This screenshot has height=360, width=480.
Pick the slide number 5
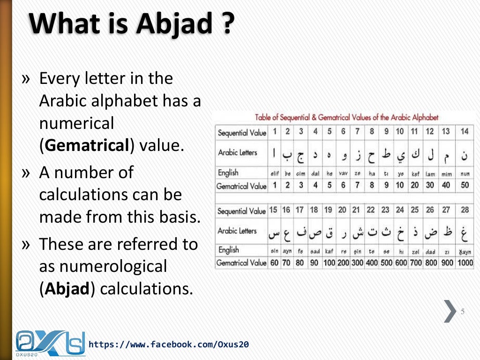click(x=463, y=312)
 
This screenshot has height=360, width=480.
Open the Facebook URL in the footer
click(x=169, y=345)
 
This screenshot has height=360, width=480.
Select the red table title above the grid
click(x=347, y=118)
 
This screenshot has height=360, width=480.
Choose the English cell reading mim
click(x=446, y=174)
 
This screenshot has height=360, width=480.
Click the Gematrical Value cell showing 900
click(x=447, y=263)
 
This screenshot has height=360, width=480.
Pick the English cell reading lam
click(x=430, y=174)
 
